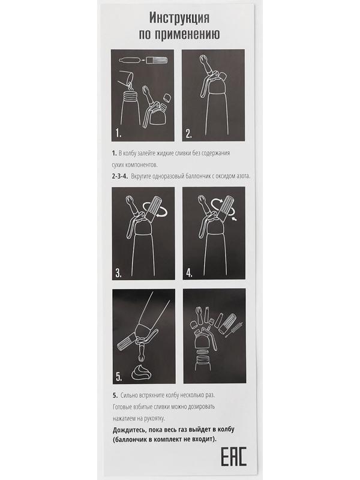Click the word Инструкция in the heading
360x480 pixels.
pyautogui.click(x=179, y=18)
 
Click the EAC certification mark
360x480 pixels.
pyautogui.click(x=233, y=456)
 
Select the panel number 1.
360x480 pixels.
pyautogui.click(x=118, y=133)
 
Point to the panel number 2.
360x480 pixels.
pyautogui.click(x=189, y=133)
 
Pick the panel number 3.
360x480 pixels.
pyautogui.click(x=118, y=273)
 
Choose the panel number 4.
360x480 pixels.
pyautogui.click(x=190, y=273)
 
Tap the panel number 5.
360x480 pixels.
pyautogui.click(x=119, y=377)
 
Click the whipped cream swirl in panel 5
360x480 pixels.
pyautogui.click(x=141, y=373)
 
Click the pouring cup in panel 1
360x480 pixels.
pyautogui.click(x=126, y=79)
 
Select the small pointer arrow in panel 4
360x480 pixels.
pyautogui.click(x=235, y=219)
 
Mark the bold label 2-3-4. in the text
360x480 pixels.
pyautogui.click(x=120, y=176)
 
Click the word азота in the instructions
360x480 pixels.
pyautogui.click(x=243, y=176)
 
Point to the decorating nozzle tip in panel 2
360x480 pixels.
pyautogui.click(x=203, y=59)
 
